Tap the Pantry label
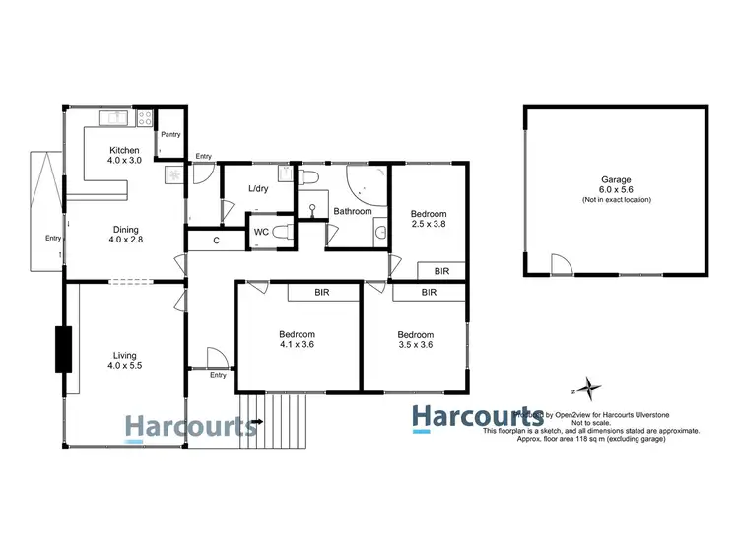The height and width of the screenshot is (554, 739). (x=170, y=135)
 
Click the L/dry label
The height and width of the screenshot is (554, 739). (x=258, y=188)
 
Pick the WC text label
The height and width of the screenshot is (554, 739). (x=261, y=233)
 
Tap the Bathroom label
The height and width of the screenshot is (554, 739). (x=352, y=211)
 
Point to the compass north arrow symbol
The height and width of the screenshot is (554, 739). (x=588, y=387)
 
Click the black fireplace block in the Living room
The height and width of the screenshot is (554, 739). (x=65, y=348)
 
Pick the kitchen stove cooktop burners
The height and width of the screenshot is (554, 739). (x=144, y=119)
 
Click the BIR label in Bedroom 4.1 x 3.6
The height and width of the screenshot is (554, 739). (x=321, y=292)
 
